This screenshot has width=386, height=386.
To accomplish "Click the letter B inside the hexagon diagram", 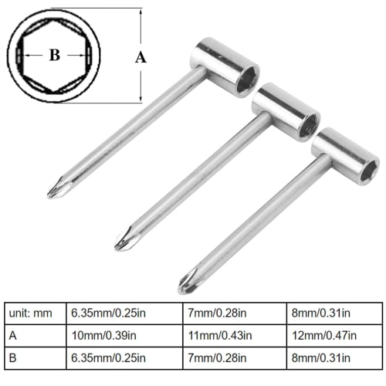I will [x=53, y=56].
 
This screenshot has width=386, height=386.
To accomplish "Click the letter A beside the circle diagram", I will [x=140, y=56].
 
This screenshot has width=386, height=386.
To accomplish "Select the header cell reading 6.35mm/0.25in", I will [x=108, y=314].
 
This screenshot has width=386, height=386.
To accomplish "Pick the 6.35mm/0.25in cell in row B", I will [x=108, y=357].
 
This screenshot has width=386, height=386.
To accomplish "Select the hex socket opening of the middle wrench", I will [x=308, y=124].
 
